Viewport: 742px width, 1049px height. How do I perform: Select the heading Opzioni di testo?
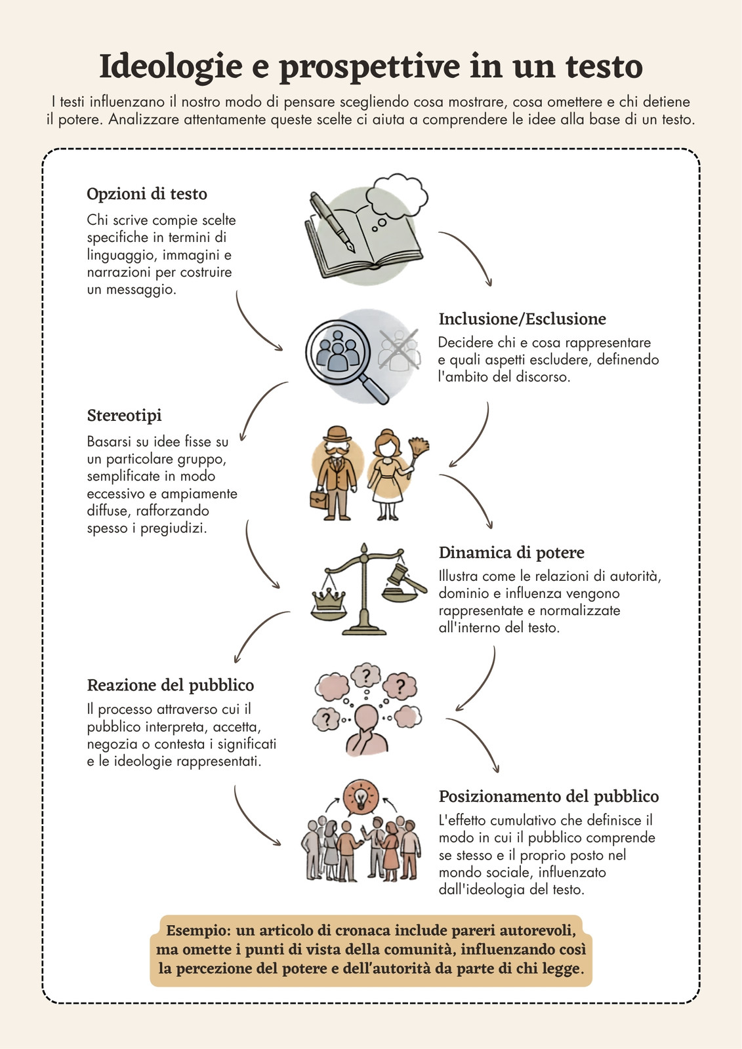(147, 194)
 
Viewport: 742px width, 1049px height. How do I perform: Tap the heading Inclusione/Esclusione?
(522, 319)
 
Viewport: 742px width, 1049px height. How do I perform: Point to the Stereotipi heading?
(124, 416)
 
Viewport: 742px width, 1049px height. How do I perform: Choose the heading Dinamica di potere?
(511, 553)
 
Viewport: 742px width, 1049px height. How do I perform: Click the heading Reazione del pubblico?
(170, 685)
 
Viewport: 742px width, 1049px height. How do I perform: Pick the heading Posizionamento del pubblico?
(549, 796)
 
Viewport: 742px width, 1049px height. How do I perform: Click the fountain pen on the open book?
(331, 222)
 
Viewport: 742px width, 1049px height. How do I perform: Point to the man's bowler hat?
(337, 433)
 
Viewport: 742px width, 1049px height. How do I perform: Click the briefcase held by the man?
(319, 499)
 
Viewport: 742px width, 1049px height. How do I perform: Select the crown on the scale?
(329, 600)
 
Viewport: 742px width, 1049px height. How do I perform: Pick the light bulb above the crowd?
(360, 797)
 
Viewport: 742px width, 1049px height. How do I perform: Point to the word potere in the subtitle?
(83, 120)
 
